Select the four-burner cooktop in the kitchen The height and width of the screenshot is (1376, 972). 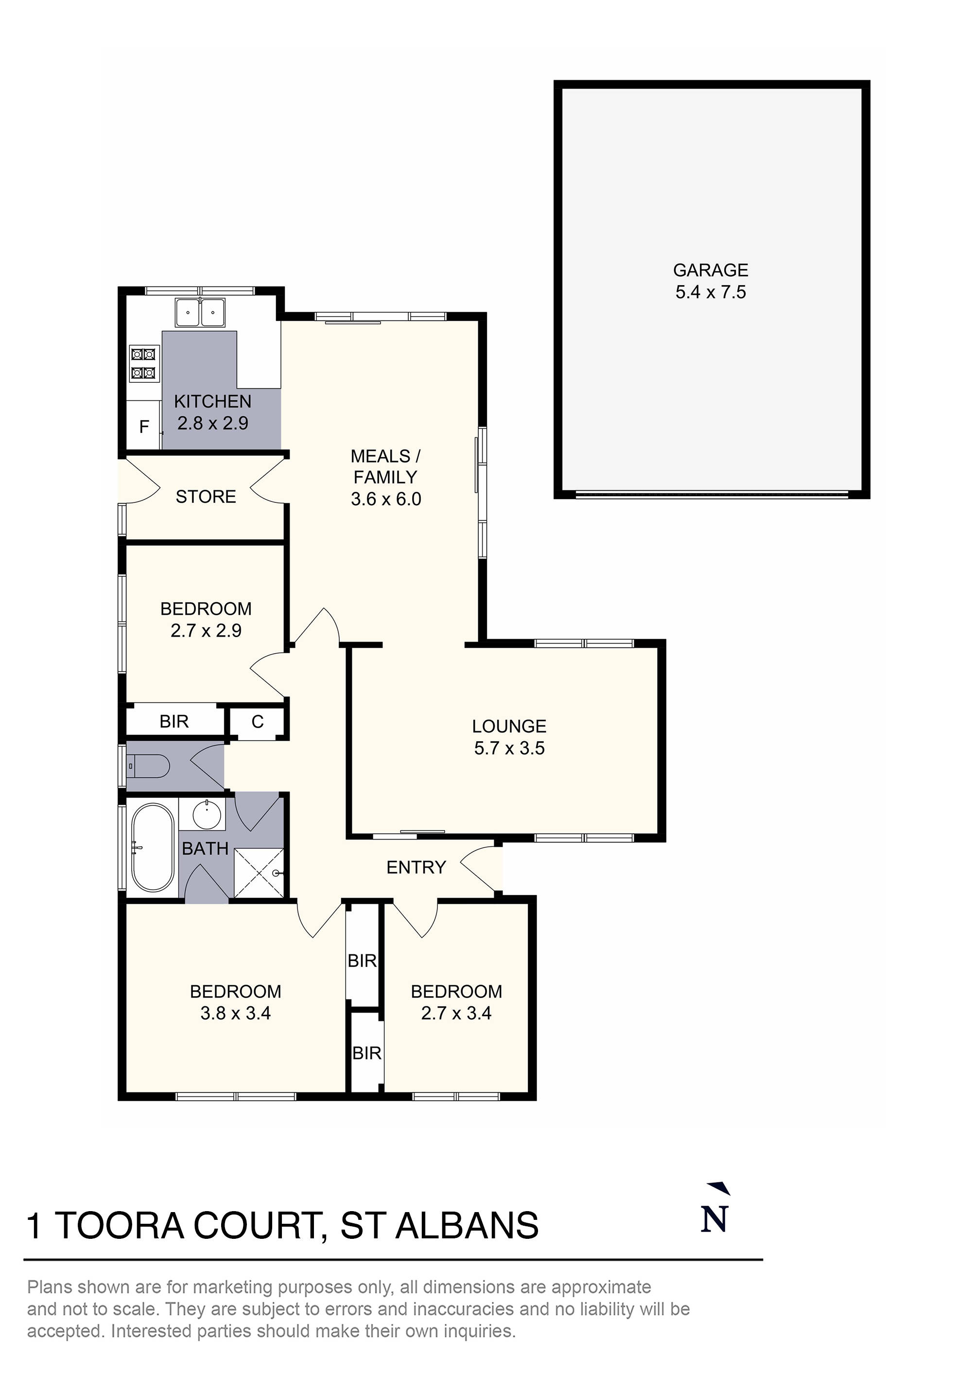144,364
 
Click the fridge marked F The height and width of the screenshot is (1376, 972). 144,427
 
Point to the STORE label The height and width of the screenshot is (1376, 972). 206,496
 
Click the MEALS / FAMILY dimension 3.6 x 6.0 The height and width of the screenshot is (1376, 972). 386,499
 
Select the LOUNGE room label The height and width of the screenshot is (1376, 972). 509,726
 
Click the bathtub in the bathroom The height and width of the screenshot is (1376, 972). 153,847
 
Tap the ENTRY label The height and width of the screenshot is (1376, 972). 416,867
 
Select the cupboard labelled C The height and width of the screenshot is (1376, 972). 258,722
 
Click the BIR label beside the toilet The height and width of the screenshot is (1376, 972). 174,722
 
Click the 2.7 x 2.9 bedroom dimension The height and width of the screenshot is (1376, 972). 206,630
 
